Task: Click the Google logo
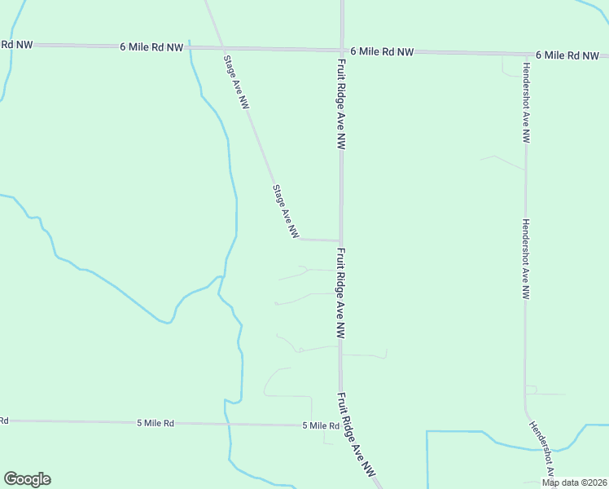point(27,479)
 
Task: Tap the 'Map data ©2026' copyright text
point(575,482)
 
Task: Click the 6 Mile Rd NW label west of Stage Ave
point(151,47)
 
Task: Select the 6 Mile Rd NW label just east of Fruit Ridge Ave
point(382,51)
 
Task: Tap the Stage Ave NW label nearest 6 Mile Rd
point(237,81)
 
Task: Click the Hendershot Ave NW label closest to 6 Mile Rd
point(527,103)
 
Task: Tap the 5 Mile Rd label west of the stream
point(156,423)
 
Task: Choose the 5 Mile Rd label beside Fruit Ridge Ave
point(320,425)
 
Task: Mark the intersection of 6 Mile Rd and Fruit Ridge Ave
point(342,50)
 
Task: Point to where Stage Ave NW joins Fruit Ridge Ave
point(340,240)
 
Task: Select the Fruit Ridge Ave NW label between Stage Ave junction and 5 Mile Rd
point(341,293)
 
